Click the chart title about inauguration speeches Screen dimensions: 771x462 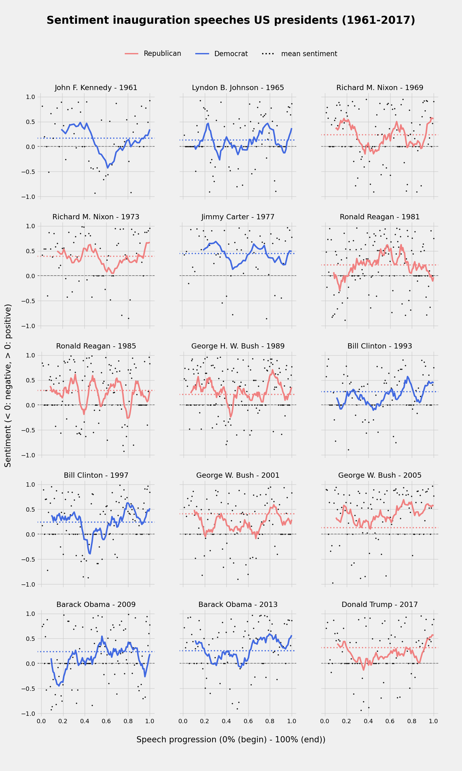[231, 20]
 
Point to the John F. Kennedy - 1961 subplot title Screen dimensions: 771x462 [96, 88]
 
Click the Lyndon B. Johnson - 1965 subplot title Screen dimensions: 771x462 [238, 88]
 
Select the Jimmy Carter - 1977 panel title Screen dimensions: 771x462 [238, 217]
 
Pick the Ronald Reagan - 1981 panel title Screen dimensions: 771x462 [379, 217]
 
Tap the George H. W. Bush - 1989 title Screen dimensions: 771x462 [238, 346]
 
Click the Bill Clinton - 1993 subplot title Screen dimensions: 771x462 [379, 346]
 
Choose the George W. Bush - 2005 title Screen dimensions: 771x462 [379, 475]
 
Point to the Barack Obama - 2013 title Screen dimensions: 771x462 [238, 604]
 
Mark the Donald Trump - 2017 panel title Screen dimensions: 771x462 [379, 604]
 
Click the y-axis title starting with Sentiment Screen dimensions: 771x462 [8, 385]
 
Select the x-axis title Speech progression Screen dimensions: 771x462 [231, 740]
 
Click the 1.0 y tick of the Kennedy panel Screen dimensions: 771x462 [30, 97]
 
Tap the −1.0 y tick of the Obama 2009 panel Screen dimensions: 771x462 [28, 713]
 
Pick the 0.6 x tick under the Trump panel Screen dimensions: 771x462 [390, 721]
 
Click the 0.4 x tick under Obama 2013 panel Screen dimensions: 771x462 [226, 721]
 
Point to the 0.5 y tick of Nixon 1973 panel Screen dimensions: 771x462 [30, 251]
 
